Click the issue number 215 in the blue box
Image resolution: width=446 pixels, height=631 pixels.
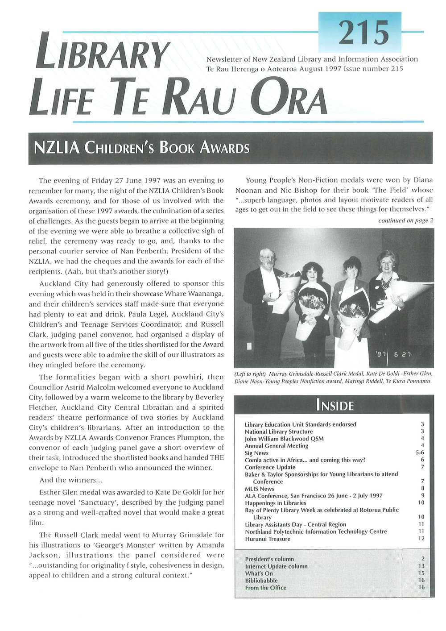tap(363, 33)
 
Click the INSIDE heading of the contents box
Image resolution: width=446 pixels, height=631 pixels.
tap(334, 405)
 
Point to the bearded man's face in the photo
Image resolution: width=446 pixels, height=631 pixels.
tap(267, 258)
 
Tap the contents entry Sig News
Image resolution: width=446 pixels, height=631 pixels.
tap(256, 453)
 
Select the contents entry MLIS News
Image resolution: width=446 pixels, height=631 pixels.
tap(260, 489)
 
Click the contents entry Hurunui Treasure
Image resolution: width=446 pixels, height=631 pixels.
tap(268, 539)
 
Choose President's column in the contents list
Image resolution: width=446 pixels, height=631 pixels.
tap(269, 559)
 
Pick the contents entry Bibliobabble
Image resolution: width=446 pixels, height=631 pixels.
tap(261, 581)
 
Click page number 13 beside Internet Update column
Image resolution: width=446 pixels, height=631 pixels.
tap(421, 566)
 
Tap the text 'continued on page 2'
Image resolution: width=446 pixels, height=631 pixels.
tap(405, 220)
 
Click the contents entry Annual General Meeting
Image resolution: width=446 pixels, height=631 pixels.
tap(277, 446)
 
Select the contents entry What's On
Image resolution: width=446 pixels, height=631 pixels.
tap(259, 573)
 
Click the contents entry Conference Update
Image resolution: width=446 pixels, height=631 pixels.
tap(270, 467)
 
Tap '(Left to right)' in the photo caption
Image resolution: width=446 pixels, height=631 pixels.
tap(250, 374)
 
